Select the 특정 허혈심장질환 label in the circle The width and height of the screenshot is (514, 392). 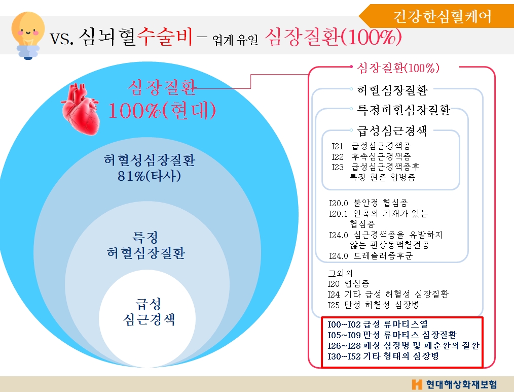click(x=145, y=245)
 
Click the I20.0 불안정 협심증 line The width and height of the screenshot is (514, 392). click(x=369, y=202)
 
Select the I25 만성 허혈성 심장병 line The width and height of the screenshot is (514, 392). click(x=374, y=305)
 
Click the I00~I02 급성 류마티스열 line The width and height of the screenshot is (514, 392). click(x=378, y=324)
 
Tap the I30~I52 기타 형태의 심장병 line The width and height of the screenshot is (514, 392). click(x=383, y=357)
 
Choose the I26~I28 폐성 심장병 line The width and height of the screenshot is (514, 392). click(x=403, y=346)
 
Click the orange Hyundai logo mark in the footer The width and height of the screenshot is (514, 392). click(x=417, y=383)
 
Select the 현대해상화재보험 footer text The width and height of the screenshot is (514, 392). click(x=461, y=383)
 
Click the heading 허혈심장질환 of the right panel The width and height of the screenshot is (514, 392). click(x=392, y=90)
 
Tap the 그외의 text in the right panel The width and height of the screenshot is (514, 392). click(x=340, y=273)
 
